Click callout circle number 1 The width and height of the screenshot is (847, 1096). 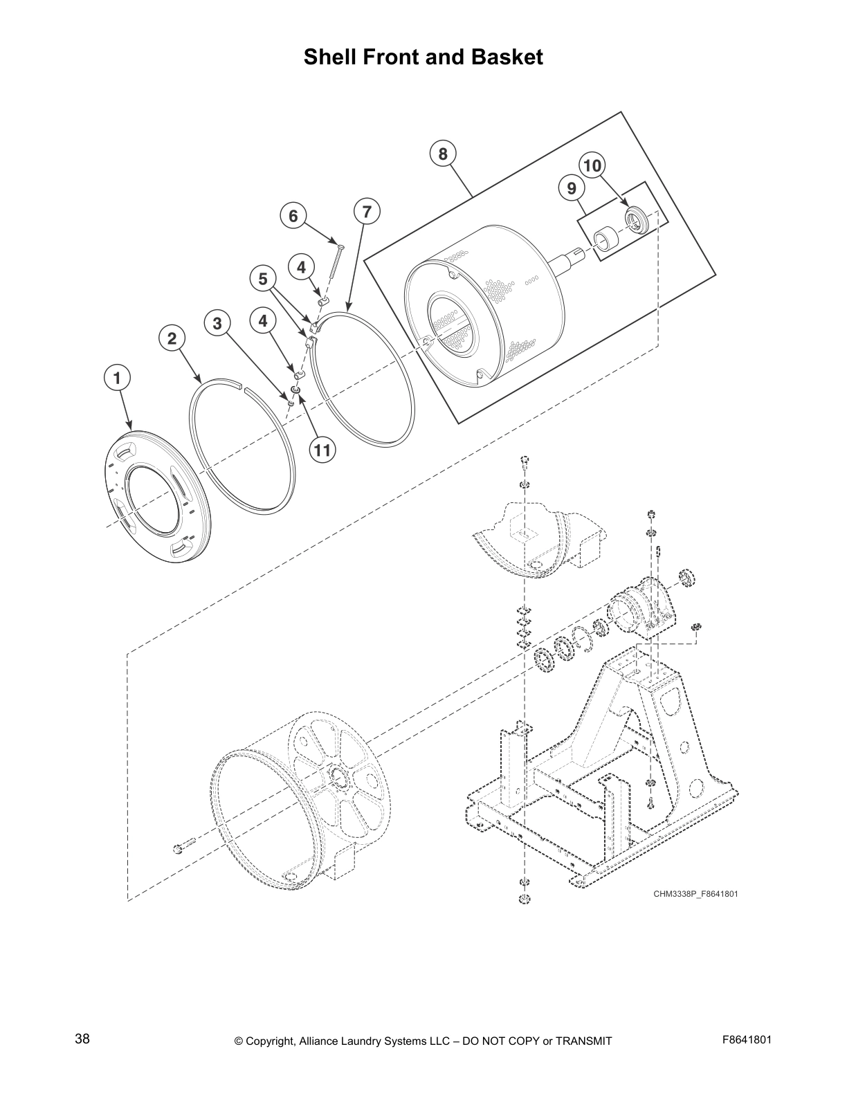click(117, 378)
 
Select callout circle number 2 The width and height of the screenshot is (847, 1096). click(172, 338)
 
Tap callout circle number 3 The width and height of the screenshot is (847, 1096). click(217, 323)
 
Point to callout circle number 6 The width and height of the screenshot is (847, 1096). click(293, 217)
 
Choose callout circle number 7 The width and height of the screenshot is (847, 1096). click(367, 211)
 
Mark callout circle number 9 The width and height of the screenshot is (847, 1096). click(572, 188)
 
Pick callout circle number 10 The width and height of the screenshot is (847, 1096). click(592, 165)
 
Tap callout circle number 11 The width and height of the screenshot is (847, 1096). click(321, 450)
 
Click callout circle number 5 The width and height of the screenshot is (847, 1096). click(262, 279)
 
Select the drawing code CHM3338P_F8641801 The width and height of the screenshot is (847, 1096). click(695, 894)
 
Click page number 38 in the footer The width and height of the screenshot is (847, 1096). click(82, 1039)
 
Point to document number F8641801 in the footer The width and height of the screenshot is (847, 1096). click(746, 1040)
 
